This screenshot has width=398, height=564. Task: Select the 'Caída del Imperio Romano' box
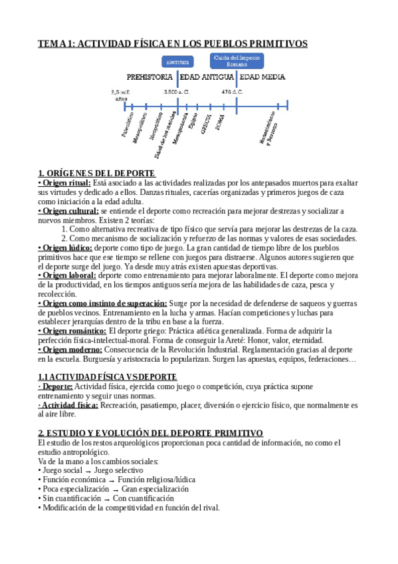coord(237,61)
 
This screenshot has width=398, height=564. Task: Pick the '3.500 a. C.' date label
coord(177,92)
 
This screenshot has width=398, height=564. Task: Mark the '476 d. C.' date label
coord(233,92)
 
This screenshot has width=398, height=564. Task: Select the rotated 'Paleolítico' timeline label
coord(128,124)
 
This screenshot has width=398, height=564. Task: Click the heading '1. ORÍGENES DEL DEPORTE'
coord(96,174)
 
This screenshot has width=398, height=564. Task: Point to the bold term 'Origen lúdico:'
coord(65,247)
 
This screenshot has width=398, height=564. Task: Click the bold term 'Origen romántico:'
coord(72,331)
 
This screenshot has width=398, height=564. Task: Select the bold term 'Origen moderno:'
coord(70,349)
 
